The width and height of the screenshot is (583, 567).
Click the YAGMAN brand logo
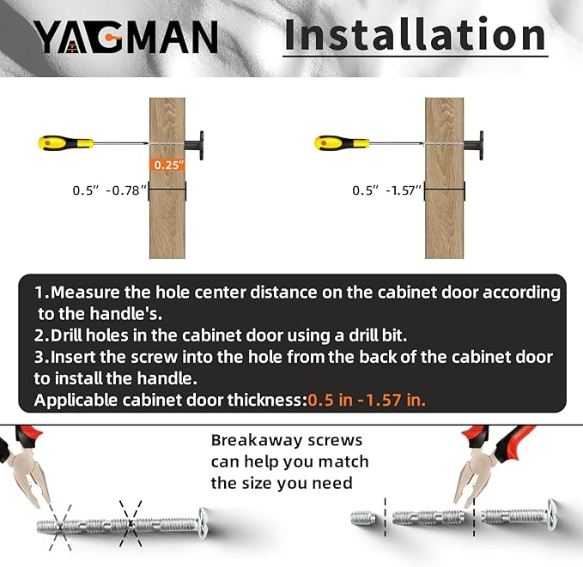pyautogui.click(x=126, y=36)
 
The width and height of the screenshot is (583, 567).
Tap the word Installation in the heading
pyautogui.click(x=415, y=34)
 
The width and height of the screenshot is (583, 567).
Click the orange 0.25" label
pyautogui.click(x=169, y=165)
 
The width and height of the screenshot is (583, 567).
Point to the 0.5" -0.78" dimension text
pyautogui.click(x=109, y=190)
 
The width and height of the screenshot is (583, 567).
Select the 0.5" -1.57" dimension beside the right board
pyautogui.click(x=386, y=190)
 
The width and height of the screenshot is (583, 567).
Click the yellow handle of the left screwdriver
pyautogui.click(x=65, y=143)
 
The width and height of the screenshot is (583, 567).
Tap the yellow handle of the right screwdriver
pyautogui.click(x=342, y=143)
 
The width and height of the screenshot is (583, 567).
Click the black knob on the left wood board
pyautogui.click(x=195, y=145)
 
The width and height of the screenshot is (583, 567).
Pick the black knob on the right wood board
pyautogui.click(x=474, y=145)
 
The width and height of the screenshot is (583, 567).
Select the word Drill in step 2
pyautogui.click(x=66, y=335)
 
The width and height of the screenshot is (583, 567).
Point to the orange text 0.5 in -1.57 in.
pyautogui.click(x=367, y=401)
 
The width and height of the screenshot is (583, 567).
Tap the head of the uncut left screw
pyautogui.click(x=203, y=523)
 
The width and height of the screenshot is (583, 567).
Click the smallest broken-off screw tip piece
pyautogui.click(x=363, y=517)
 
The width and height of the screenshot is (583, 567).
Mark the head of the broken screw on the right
pyautogui.click(x=552, y=515)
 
